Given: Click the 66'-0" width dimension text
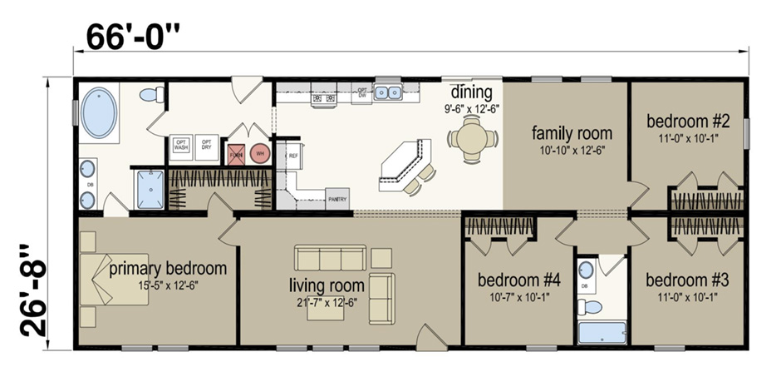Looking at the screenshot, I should pos(133,36).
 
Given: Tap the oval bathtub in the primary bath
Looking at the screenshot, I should pos(101,115).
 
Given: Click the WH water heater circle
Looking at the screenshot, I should pos(260,153).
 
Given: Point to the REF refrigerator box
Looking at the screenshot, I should pos(292,155).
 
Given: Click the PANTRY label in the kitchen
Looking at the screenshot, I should pos(337,199).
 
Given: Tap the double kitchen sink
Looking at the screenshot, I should pos(387,92).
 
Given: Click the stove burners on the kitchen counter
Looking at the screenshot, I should pos(324,99).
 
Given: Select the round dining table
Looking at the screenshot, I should pos(470,136).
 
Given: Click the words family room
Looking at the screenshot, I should pos(572,133).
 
